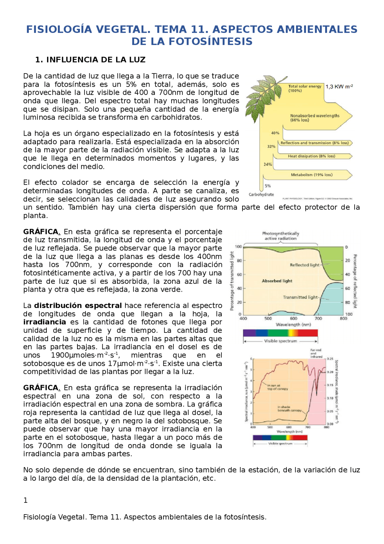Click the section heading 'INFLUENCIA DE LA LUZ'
(95, 60)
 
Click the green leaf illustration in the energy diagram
(264, 96)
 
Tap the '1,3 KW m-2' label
(339, 87)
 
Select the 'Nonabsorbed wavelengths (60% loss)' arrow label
(314, 118)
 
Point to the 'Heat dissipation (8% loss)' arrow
(311, 156)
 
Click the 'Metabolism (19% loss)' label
(311, 175)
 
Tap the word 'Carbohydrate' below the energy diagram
(261, 195)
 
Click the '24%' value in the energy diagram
(268, 164)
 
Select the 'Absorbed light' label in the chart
(277, 281)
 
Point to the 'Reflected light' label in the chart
(304, 265)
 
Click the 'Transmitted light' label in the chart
(300, 297)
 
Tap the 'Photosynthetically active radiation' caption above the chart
(280, 236)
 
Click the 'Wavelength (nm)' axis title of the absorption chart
(293, 324)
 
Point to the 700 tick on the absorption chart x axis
(318, 318)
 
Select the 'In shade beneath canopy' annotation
(289, 409)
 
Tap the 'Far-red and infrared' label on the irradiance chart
(316, 353)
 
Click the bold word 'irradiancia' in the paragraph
(44, 322)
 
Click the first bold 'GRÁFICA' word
(41, 232)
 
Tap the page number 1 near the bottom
(25, 500)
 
